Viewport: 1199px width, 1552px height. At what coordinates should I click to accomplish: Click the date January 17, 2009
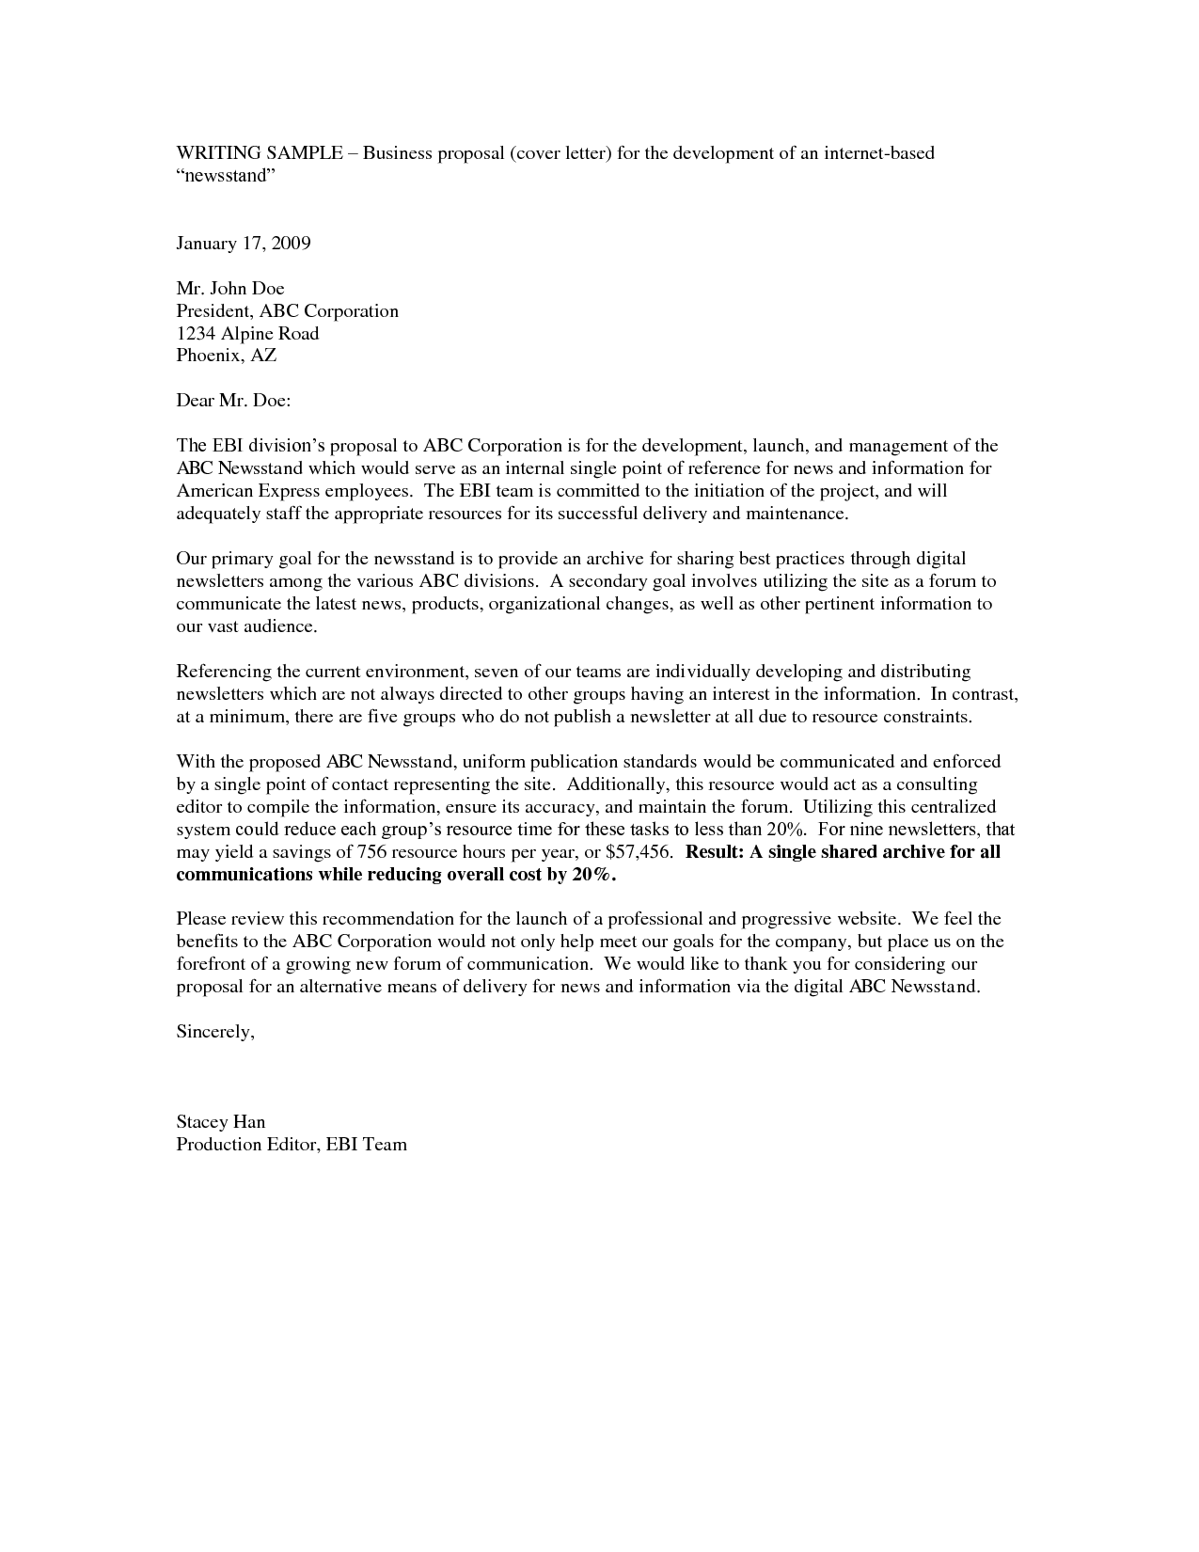(x=244, y=244)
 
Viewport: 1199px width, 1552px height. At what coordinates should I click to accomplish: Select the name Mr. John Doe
(x=230, y=289)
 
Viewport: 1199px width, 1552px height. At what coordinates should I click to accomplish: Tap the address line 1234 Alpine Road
(x=247, y=334)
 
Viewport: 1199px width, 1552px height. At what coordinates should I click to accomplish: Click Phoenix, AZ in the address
(x=227, y=356)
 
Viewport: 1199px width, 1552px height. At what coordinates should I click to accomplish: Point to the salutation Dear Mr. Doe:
(x=234, y=401)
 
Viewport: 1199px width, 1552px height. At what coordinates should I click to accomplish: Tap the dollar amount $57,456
(x=639, y=852)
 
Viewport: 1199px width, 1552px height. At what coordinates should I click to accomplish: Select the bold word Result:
(x=715, y=852)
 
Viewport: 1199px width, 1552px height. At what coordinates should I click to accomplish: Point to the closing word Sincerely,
(x=215, y=1032)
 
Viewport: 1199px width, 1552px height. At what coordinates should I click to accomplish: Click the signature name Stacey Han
(x=221, y=1122)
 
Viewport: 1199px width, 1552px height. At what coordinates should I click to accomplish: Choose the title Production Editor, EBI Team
(x=292, y=1145)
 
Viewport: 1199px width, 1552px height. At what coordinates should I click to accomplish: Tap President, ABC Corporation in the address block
(x=288, y=311)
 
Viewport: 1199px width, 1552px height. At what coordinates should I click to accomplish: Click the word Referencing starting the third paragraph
(x=224, y=672)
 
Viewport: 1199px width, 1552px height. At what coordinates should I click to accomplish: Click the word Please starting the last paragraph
(x=201, y=918)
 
